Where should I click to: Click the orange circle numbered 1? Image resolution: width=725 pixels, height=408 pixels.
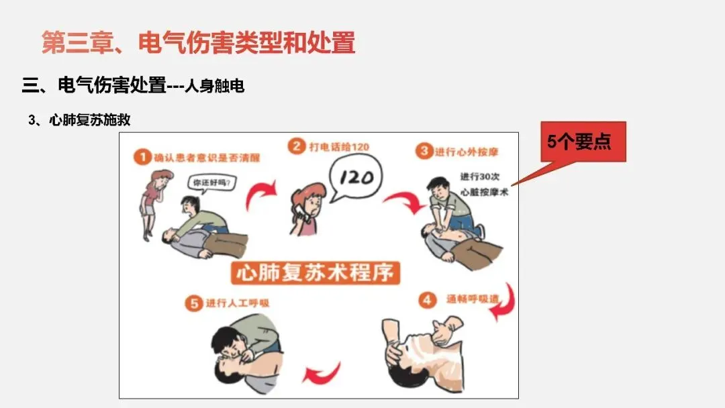(142, 157)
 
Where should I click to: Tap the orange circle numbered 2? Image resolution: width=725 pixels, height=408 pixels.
(297, 146)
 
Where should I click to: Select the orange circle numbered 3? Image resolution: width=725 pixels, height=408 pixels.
(424, 151)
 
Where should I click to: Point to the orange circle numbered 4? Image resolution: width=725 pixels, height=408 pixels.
(427, 300)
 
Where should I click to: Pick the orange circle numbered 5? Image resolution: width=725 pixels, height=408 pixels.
(194, 303)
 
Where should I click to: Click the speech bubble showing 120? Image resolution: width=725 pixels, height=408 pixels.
(355, 177)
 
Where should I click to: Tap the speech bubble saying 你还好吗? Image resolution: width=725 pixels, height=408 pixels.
(211, 183)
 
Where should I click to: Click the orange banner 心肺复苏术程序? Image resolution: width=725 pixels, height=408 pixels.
(316, 272)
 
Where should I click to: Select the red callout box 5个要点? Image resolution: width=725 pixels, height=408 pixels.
(583, 142)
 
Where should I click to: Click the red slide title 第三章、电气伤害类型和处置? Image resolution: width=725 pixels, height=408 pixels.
(198, 42)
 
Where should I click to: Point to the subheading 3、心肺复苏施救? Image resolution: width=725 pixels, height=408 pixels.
(79, 120)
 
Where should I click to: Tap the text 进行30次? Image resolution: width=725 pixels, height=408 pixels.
(480, 177)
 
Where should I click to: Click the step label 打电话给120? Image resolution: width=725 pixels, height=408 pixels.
(339, 147)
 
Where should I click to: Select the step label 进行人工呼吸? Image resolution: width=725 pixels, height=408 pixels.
(237, 303)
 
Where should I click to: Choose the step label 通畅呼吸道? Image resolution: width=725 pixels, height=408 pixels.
(473, 299)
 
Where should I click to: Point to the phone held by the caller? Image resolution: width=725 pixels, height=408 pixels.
(302, 213)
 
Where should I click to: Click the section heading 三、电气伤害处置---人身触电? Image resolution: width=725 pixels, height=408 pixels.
(133, 85)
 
